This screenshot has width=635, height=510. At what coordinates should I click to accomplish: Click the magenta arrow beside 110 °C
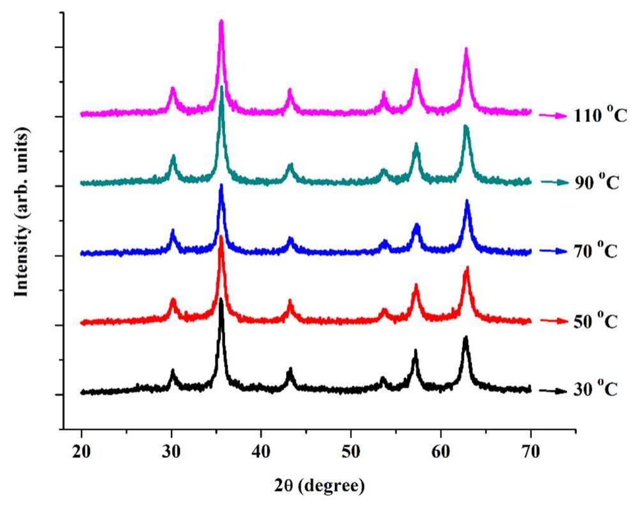(x=552, y=115)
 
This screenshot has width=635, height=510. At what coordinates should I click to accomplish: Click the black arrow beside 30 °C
(x=552, y=391)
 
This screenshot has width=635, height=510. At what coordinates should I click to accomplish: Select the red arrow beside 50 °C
(x=552, y=321)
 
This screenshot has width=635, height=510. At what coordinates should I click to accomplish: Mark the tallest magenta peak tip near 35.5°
(x=221, y=22)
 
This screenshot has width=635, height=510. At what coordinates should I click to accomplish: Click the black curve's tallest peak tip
(x=221, y=298)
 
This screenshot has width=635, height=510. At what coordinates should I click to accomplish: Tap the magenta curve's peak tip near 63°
(x=466, y=49)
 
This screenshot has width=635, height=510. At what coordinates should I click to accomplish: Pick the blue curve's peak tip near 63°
(x=467, y=201)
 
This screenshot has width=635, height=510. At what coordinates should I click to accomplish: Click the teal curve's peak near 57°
(x=416, y=145)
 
